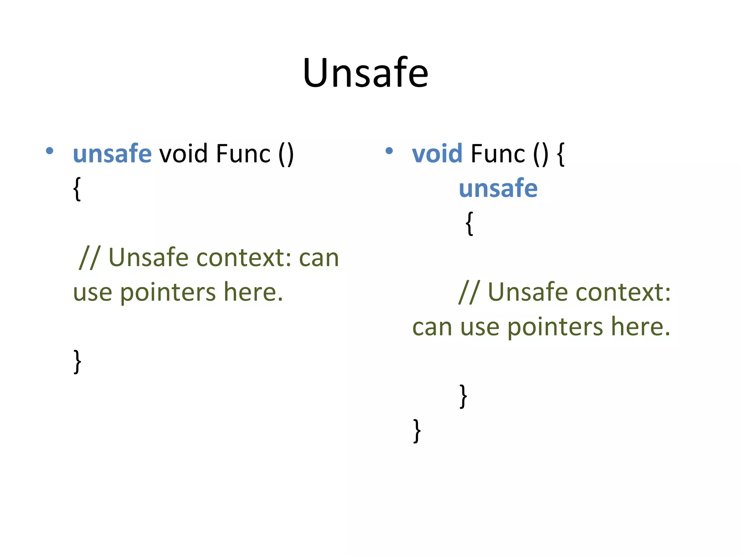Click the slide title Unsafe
pyautogui.click(x=365, y=73)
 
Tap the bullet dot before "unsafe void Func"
pyautogui.click(x=50, y=151)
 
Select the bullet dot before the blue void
pyautogui.click(x=389, y=151)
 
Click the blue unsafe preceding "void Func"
pyautogui.click(x=112, y=153)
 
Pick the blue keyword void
pyautogui.click(x=437, y=153)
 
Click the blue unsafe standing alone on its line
pyautogui.click(x=498, y=188)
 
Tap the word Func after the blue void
pyautogui.click(x=497, y=153)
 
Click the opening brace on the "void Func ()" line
pyautogui.click(x=561, y=154)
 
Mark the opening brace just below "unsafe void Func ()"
pyautogui.click(x=77, y=189)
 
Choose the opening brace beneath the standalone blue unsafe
pyautogui.click(x=469, y=223)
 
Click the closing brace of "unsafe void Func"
pyautogui.click(x=77, y=361)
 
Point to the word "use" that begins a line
pyautogui.click(x=93, y=292)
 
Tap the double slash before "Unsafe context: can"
pyautogui.click(x=89, y=258)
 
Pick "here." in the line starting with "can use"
pyautogui.click(x=640, y=327)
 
